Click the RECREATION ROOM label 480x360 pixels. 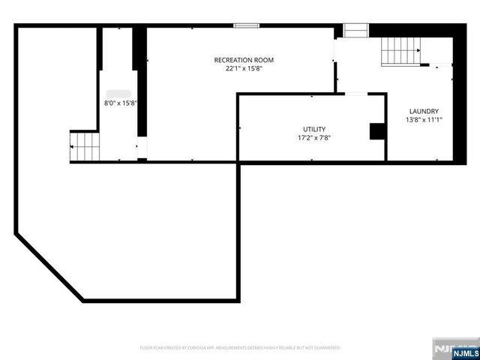tap(244, 60)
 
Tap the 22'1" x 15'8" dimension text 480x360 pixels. tap(244, 68)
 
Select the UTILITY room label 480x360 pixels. tap(313, 129)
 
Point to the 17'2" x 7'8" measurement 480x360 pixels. tap(313, 137)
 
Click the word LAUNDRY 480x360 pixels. tap(423, 111)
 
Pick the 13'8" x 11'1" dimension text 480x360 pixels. tap(423, 119)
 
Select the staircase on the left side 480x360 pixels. tap(85, 146)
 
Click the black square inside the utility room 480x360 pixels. tap(377, 131)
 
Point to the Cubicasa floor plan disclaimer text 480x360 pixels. tap(240, 348)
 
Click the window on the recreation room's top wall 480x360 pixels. tap(245, 25)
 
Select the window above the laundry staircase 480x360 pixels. tap(355, 30)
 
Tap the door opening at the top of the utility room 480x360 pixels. tap(355, 94)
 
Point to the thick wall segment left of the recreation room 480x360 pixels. tap(139, 82)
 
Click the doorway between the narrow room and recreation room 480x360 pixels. tap(140, 148)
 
